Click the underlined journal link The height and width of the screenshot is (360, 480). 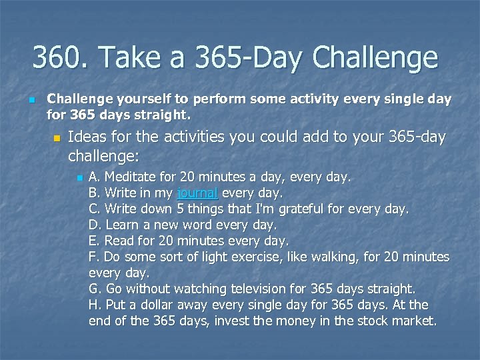pyautogui.click(x=198, y=193)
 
